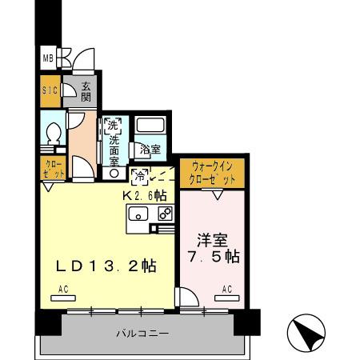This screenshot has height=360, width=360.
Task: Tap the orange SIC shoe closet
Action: coord(49,91)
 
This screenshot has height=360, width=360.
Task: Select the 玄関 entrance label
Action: coord(86,91)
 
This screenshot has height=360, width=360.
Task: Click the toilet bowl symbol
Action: coord(54,133)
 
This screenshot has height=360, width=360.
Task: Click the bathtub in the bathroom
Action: coord(150,125)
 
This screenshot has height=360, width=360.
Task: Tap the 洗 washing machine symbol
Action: coord(112,125)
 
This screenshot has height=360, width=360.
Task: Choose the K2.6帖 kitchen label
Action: coord(143,194)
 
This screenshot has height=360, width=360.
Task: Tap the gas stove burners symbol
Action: coord(165,214)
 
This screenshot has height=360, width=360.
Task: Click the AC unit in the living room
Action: coord(62,297)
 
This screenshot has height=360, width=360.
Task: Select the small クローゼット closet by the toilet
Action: coord(50,168)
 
